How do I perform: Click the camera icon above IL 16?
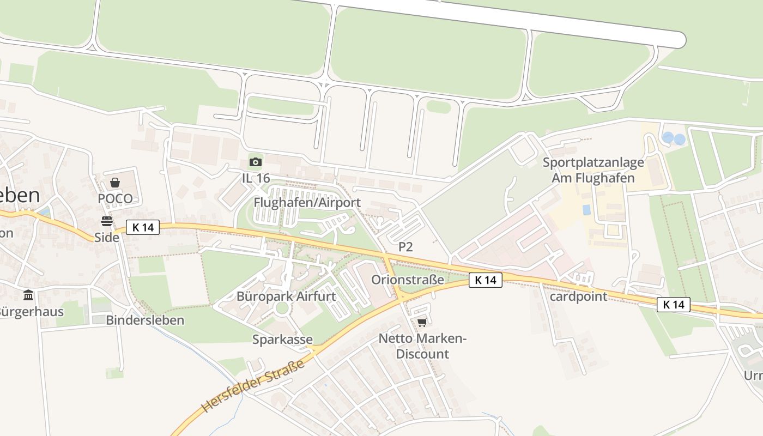point(255,162)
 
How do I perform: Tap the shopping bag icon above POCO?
point(115,183)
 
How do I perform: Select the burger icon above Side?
point(106,221)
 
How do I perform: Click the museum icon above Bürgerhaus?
point(28,295)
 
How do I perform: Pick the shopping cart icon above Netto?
point(422,322)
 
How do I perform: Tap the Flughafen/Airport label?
point(307,203)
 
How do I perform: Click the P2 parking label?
point(405,247)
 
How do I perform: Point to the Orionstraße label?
point(408,280)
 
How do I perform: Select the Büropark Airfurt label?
point(286,296)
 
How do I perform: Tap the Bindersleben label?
point(145,320)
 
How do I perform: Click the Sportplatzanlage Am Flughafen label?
point(593,170)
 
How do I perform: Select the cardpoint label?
point(578,296)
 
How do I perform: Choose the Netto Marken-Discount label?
point(423,346)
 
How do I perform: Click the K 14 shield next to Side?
point(143,227)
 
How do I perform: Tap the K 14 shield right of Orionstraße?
point(485,280)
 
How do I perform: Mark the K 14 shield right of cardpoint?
point(674,305)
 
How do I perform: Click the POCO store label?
point(115,198)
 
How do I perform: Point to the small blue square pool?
point(586,209)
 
